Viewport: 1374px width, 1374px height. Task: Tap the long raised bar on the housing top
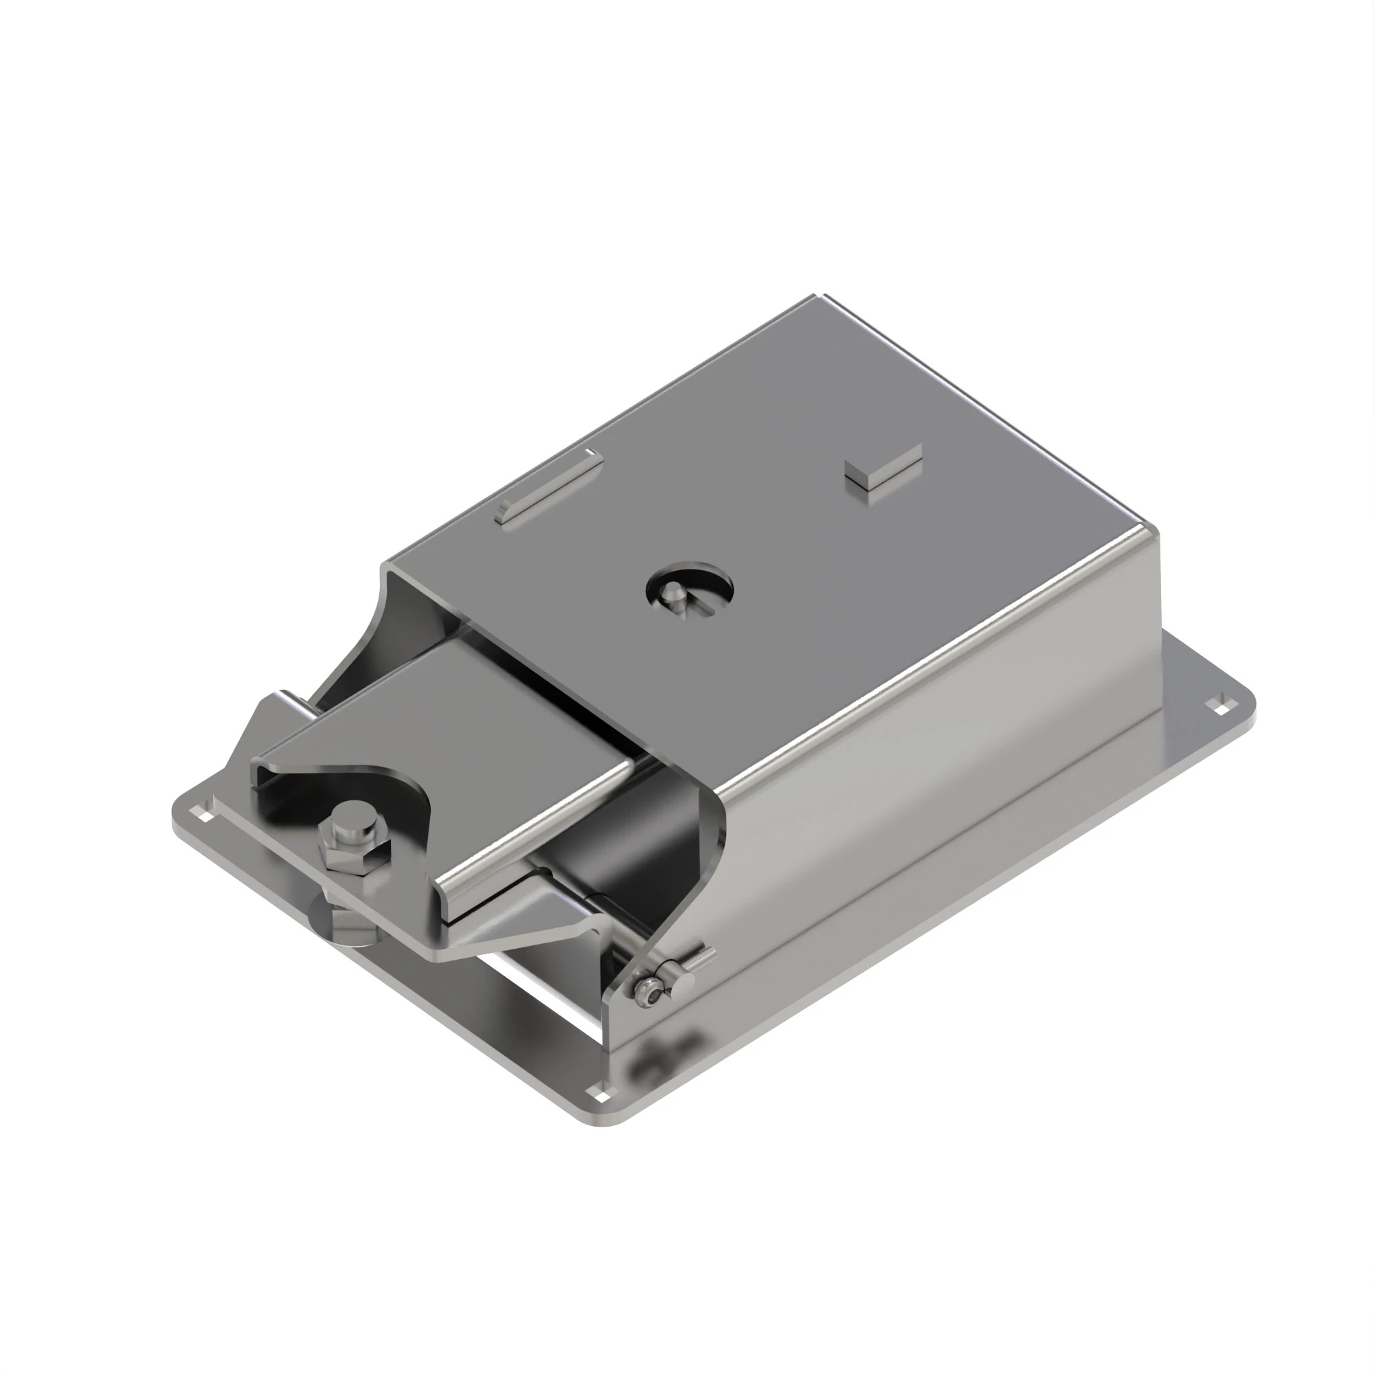pos(548,489)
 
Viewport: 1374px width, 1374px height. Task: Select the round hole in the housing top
pos(690,589)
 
